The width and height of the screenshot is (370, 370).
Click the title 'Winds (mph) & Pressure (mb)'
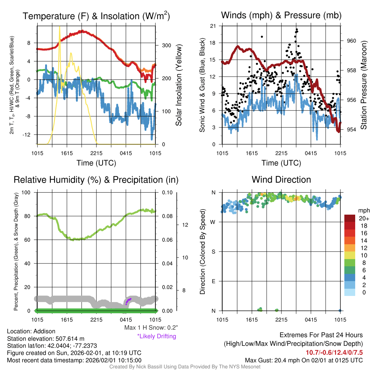(x=281, y=16)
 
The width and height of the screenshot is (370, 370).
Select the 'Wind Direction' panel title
(x=281, y=180)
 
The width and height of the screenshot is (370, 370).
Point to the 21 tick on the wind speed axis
(x=213, y=26)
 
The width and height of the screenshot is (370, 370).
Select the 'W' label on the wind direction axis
(x=213, y=222)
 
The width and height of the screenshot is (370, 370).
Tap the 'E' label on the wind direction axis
(x=213, y=281)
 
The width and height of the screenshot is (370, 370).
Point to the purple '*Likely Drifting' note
(x=156, y=336)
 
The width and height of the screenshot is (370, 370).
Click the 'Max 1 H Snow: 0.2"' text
(x=151, y=328)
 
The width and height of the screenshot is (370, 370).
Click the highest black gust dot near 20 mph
(x=297, y=29)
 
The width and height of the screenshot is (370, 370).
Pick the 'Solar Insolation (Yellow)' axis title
(x=178, y=85)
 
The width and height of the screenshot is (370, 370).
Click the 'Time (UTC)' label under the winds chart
(x=281, y=163)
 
